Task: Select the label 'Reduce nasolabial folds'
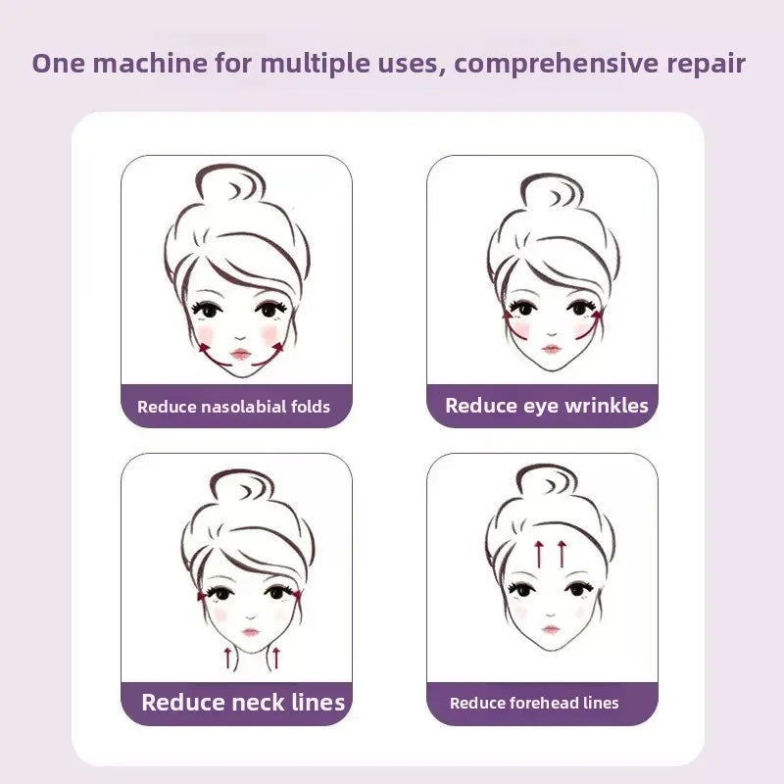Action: pos(234,406)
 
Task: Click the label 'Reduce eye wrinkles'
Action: pos(546,406)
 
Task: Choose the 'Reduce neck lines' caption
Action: pos(243,702)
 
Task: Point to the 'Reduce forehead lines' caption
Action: pos(534,703)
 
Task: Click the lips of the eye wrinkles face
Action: pos(552,349)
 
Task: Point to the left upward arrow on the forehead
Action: pos(538,553)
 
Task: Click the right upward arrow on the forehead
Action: pos(562,553)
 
